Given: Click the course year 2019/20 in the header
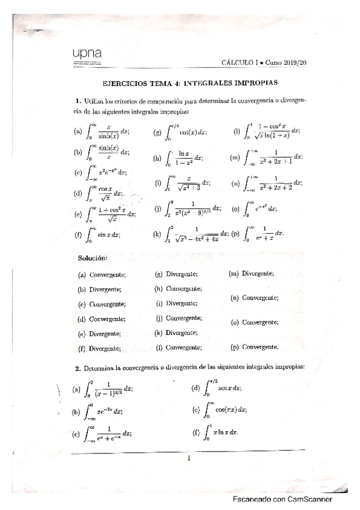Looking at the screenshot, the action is (291, 62).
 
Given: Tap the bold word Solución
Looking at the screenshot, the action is (93, 259).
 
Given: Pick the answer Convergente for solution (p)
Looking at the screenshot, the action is (260, 347).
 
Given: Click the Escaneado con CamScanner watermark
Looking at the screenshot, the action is (283, 499).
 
